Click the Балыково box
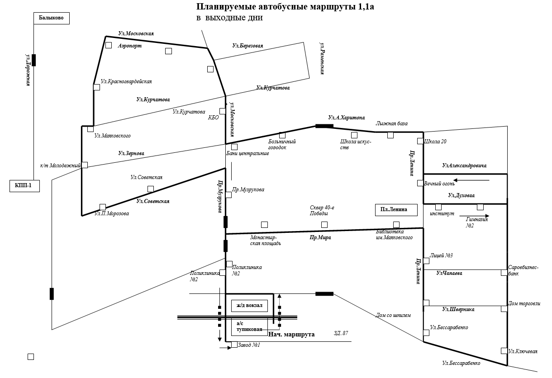click(51, 18)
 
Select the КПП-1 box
click(24, 186)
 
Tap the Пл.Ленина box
click(396, 210)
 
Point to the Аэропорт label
click(129, 46)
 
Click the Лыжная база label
click(391, 123)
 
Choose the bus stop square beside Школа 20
click(420, 141)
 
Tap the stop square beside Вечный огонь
click(420, 183)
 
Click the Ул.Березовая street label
click(247, 46)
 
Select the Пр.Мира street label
click(320, 237)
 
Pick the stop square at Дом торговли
click(504, 309)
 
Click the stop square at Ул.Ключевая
click(504, 351)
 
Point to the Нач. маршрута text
click(291, 335)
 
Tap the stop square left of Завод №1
click(234, 345)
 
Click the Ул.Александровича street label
click(464, 166)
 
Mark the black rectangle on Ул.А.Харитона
click(324, 126)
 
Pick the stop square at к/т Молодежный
click(85, 165)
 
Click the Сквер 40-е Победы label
click(322, 210)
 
